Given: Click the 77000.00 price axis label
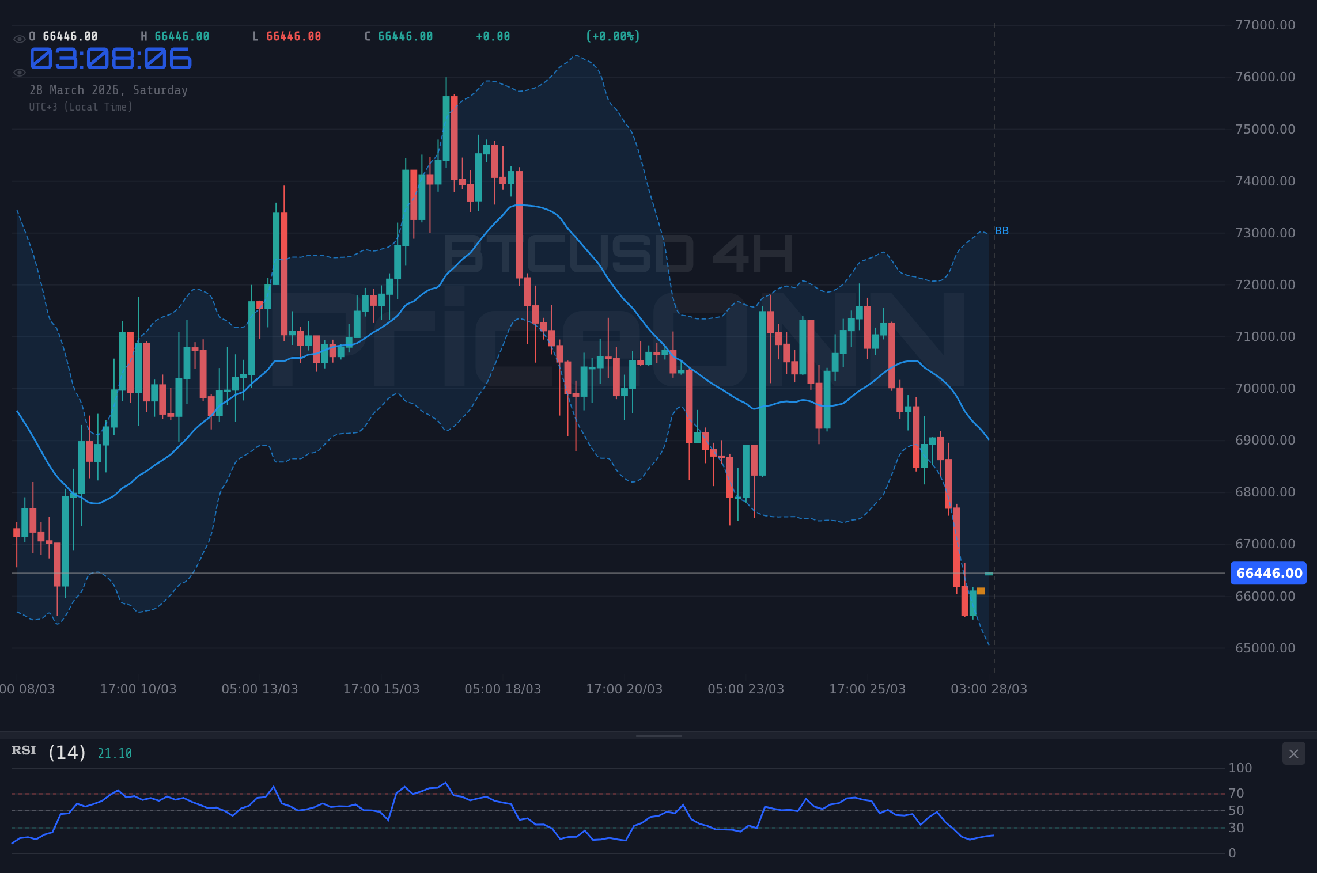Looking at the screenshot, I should click(x=1265, y=25).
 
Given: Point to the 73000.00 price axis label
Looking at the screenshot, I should click(x=1265, y=233).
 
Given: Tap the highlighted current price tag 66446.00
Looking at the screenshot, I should click(x=1269, y=573).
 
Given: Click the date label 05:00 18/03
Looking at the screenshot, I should click(x=502, y=689).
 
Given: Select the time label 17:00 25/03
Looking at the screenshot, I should click(x=867, y=689).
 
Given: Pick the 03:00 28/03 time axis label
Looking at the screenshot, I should click(x=989, y=689).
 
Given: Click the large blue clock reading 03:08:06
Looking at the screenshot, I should click(x=111, y=59).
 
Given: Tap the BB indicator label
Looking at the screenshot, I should click(x=1002, y=231).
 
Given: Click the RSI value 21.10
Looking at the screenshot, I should click(x=115, y=753).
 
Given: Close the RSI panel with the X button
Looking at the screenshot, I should click(x=1293, y=753).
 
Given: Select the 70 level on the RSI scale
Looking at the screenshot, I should click(x=1236, y=793).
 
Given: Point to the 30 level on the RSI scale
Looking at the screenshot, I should click(x=1236, y=828).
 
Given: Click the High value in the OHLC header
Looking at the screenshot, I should click(x=181, y=36).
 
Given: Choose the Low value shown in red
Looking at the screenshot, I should click(x=293, y=36).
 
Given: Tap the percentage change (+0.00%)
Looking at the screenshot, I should click(x=613, y=36).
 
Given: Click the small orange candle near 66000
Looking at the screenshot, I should click(x=981, y=591).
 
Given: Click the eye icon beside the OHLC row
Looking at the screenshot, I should click(x=19, y=39).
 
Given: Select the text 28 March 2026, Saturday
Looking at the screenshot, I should click(x=108, y=90).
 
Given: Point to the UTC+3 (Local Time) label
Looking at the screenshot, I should click(x=81, y=107).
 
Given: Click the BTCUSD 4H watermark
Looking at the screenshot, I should click(x=618, y=255).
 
